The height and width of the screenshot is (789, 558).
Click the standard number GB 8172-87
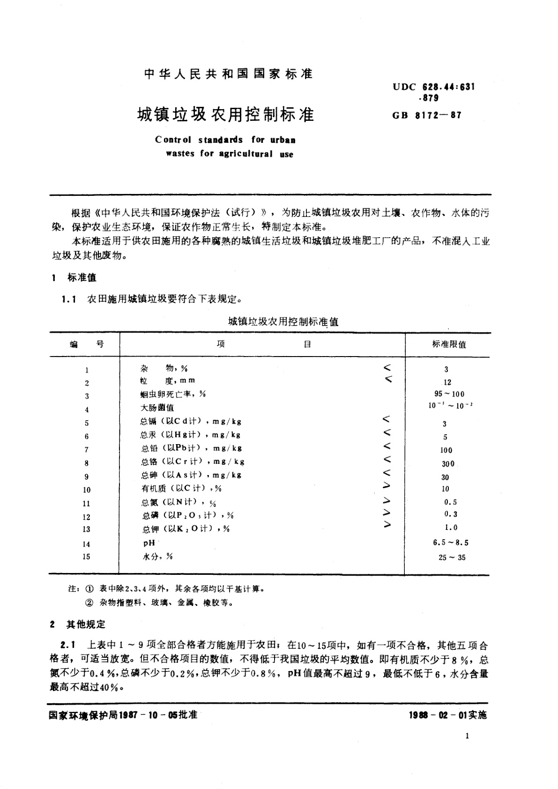click(427, 114)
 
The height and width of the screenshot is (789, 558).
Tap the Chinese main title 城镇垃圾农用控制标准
click(226, 114)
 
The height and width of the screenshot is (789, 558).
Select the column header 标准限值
click(449, 344)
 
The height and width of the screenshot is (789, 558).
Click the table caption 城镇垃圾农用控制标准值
click(283, 322)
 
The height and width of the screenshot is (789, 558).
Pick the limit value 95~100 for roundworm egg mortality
click(449, 394)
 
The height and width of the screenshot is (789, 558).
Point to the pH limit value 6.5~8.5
click(451, 543)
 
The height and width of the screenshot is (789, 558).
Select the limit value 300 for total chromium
click(448, 464)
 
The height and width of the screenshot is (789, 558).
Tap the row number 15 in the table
click(86, 557)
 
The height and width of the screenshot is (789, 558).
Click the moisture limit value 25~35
click(452, 558)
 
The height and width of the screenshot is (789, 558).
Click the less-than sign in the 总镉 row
click(387, 420)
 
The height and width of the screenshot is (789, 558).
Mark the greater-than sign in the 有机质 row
click(387, 486)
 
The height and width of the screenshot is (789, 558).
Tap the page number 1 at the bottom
click(468, 736)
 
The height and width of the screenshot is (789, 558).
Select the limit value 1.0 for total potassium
click(451, 528)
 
